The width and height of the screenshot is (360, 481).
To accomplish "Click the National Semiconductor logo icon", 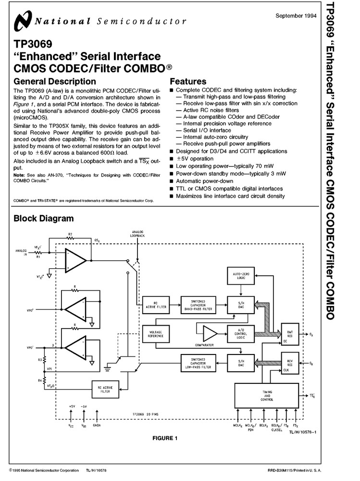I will [x=22, y=22].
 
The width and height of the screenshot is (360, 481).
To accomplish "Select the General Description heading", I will [x=54, y=81].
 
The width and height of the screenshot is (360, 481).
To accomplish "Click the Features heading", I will [x=188, y=81].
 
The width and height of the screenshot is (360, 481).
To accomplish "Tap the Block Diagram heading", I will [x=43, y=218].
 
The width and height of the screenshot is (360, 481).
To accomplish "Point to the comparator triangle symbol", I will [x=210, y=333].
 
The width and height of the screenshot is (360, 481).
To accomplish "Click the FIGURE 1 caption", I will [x=165, y=438].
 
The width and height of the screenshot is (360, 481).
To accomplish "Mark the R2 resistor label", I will [x=70, y=234].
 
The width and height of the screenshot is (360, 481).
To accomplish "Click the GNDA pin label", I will [x=97, y=426].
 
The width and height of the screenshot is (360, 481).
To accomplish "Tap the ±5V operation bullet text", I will [x=195, y=158].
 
